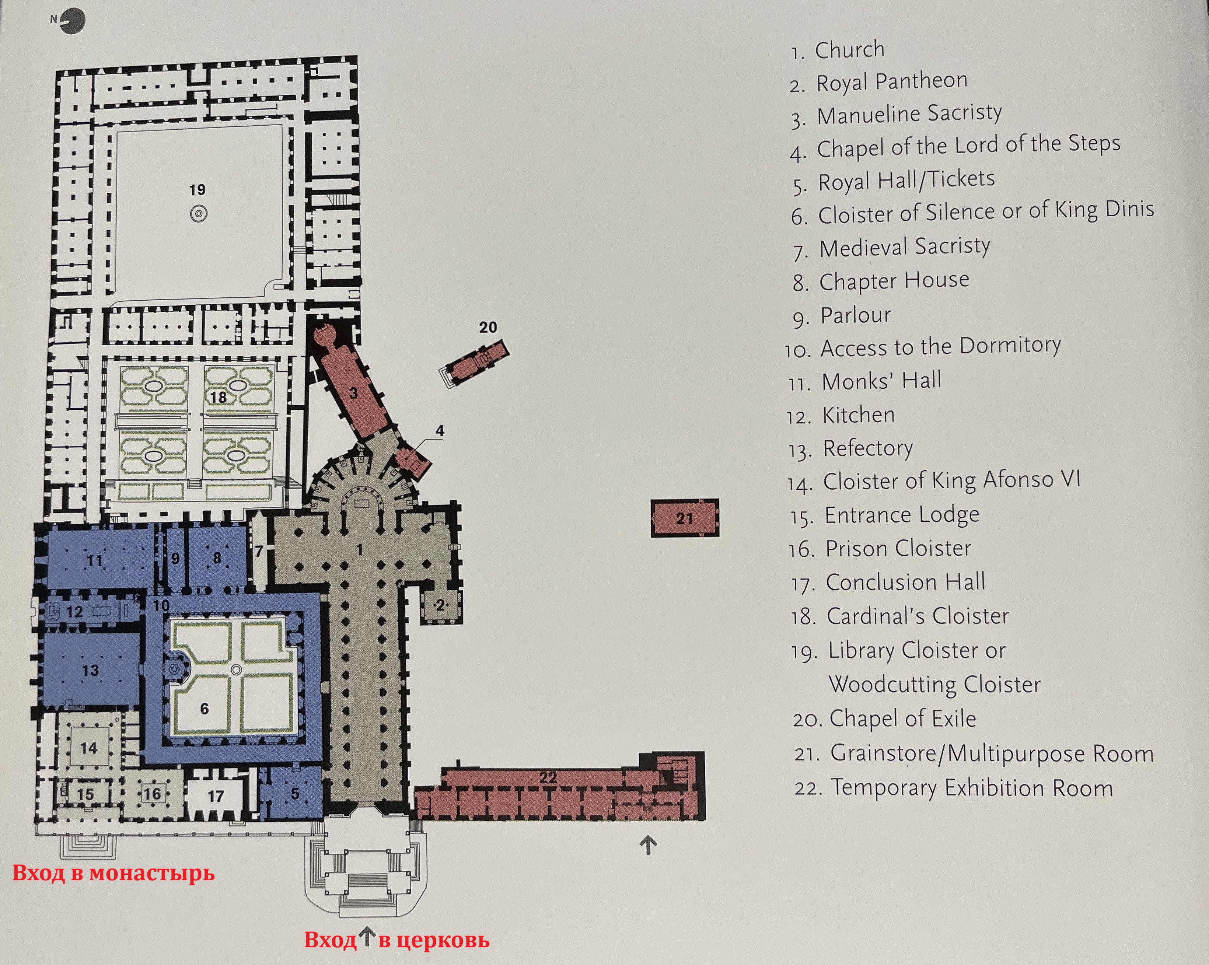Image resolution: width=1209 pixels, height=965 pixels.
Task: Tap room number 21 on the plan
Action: point(684,518)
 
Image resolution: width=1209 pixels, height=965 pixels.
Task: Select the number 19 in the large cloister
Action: point(197,190)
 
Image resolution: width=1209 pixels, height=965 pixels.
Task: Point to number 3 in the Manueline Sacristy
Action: point(353,393)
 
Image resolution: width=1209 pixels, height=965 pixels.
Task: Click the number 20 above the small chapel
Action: point(488,328)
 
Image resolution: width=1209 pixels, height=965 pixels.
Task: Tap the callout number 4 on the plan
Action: point(440,431)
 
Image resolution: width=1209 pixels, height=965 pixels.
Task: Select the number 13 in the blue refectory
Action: point(90,670)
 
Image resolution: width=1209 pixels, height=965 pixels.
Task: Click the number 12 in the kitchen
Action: point(74,612)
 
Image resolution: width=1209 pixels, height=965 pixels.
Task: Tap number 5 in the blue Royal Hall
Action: point(295,793)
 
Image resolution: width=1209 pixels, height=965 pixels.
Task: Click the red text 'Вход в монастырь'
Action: point(113,873)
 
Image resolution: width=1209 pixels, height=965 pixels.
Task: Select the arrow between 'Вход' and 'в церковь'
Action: point(366,936)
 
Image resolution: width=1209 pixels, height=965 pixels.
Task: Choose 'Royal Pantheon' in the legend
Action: point(892,82)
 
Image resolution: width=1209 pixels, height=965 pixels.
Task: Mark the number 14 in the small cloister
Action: point(88,748)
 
